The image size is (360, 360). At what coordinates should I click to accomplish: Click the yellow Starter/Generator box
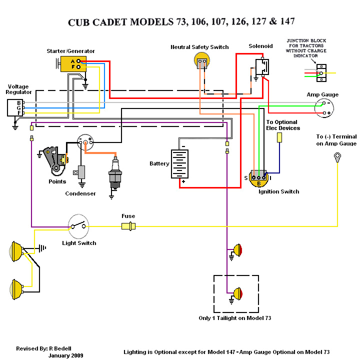coord(73,64)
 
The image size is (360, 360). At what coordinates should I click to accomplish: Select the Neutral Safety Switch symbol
coord(201,61)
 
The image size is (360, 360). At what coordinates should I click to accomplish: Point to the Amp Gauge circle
coord(325,108)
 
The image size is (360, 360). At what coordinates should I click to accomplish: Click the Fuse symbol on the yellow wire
coord(128,226)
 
